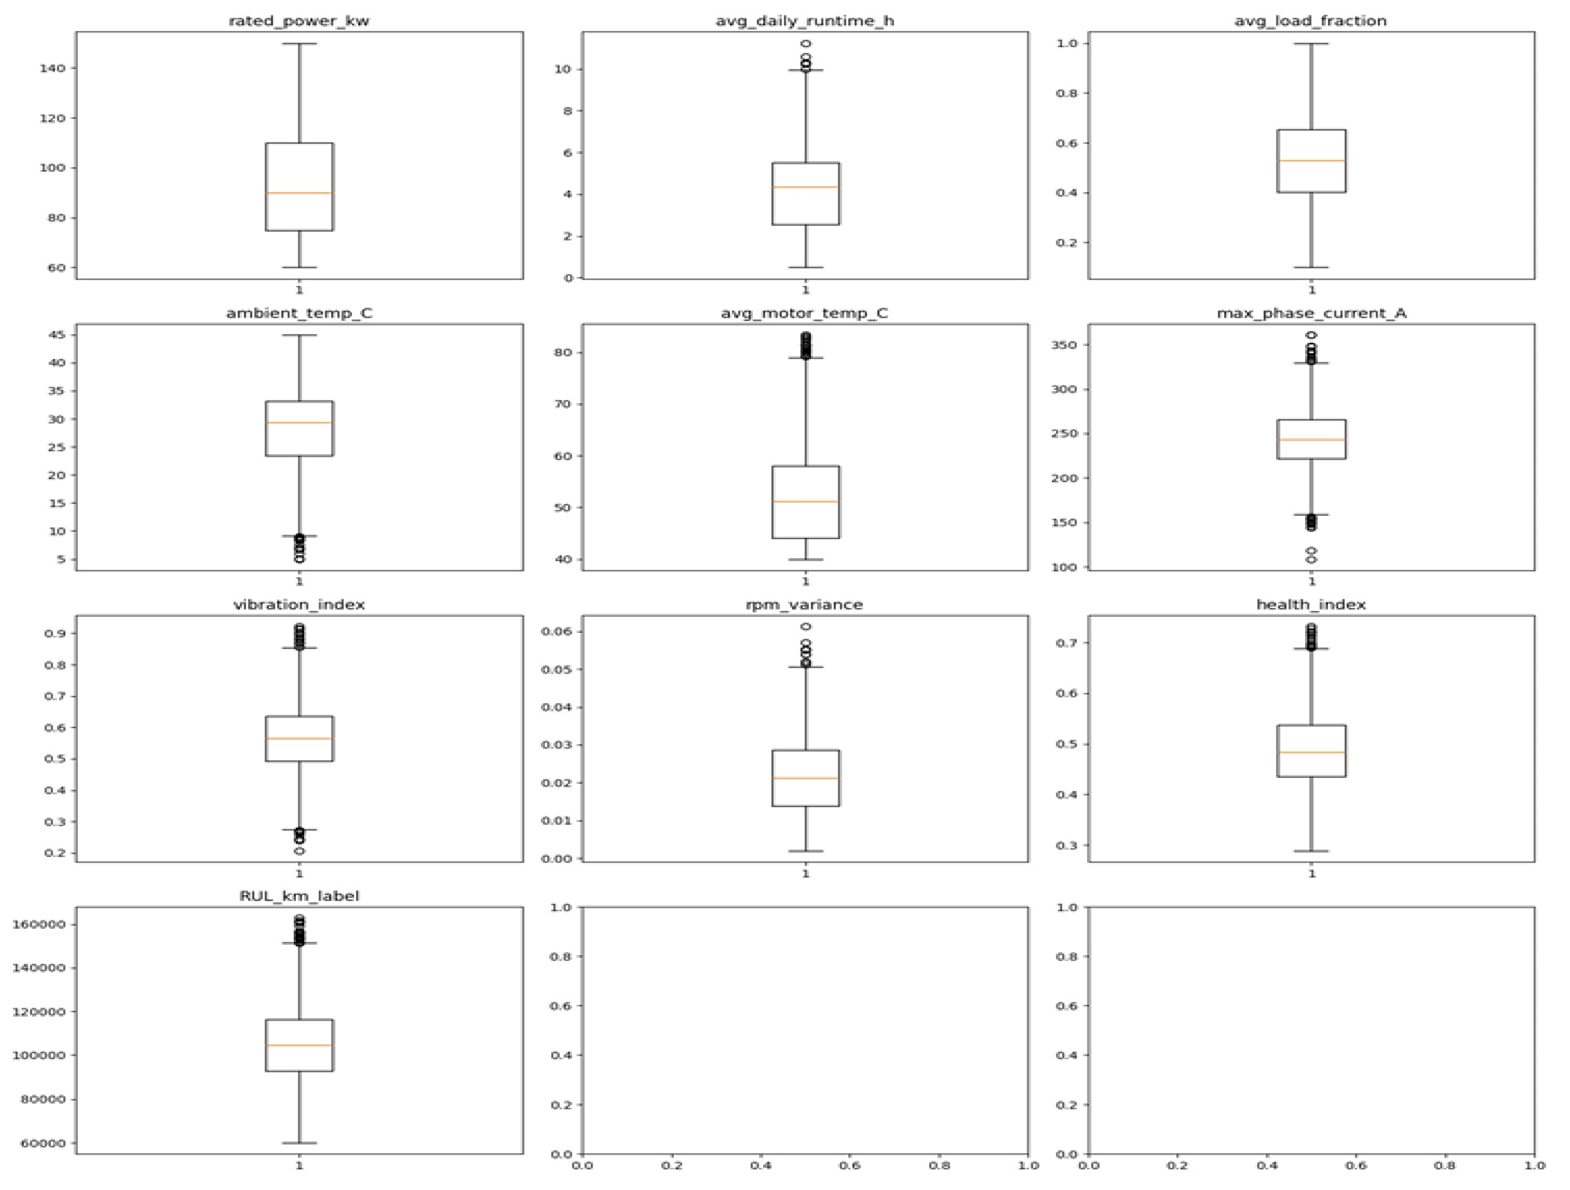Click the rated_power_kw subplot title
[299, 21]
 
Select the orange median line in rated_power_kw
[299, 193]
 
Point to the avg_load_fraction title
[1311, 21]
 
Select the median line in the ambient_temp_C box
[299, 423]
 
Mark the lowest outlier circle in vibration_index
[299, 851]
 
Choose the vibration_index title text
[299, 605]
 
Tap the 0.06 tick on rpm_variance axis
[556, 631]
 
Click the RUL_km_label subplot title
[299, 896]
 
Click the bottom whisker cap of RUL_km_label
[299, 1143]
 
